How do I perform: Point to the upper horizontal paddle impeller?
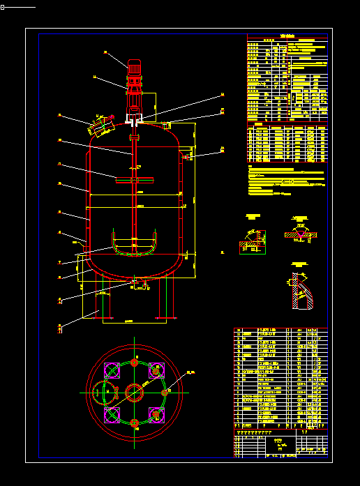click(133, 181)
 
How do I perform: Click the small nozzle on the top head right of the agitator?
click(167, 126)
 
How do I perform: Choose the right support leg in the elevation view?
click(167, 296)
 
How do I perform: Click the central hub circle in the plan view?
click(133, 392)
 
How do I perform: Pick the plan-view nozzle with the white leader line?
click(165, 392)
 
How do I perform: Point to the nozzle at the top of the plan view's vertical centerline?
click(133, 363)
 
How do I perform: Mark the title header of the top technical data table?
click(287, 36)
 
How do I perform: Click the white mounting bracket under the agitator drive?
click(133, 120)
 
